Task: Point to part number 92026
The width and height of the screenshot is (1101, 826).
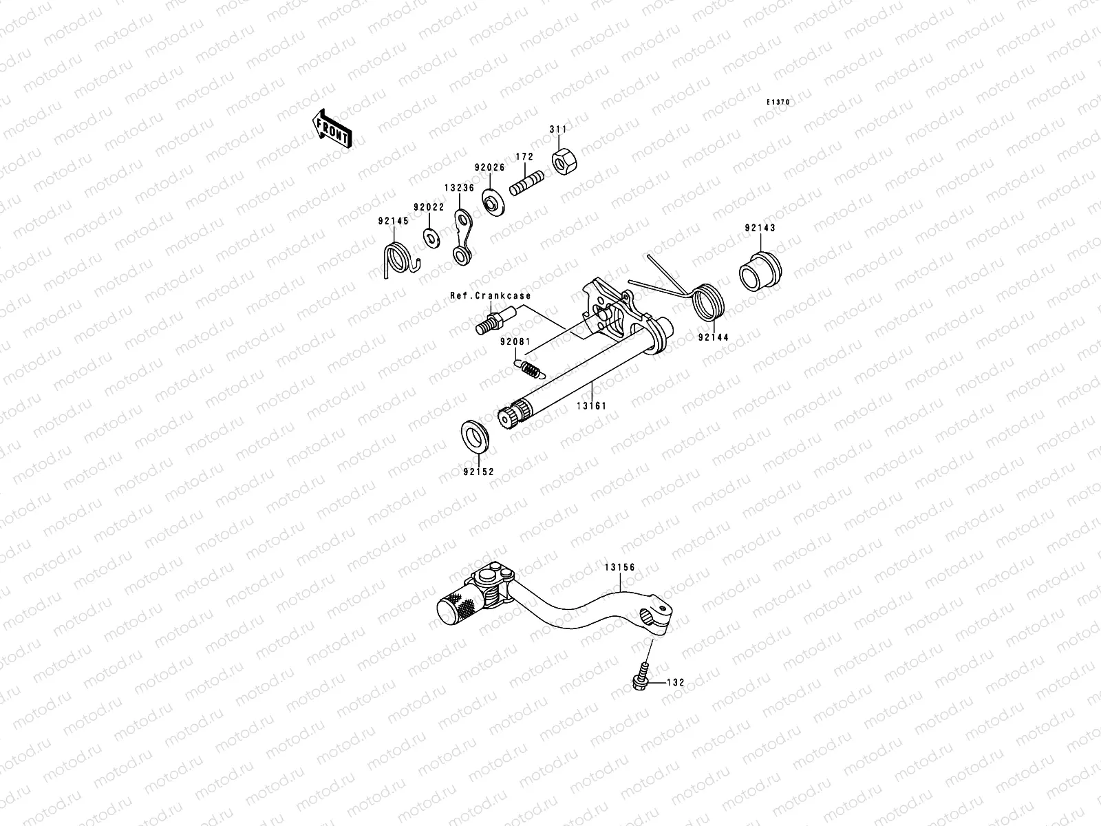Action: tap(489, 167)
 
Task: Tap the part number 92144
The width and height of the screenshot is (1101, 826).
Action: tap(714, 338)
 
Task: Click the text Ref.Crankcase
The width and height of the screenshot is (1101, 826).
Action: tap(490, 295)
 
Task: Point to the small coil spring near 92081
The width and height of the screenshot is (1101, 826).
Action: tap(530, 368)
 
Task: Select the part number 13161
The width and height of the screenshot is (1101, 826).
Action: tap(591, 406)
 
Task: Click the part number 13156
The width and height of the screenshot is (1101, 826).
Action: tap(620, 567)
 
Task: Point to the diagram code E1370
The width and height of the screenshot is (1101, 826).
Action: tap(779, 103)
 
